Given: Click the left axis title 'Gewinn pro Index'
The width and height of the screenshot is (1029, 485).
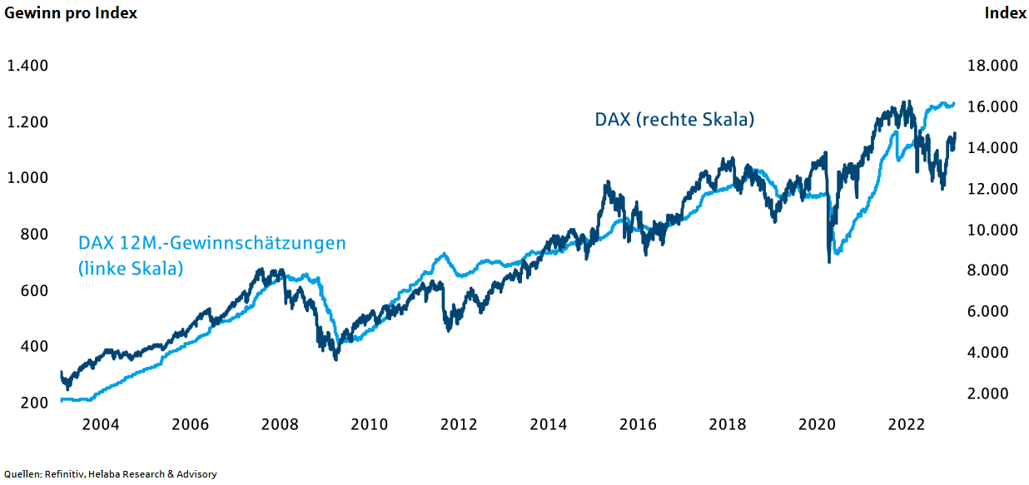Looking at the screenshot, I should point(72,13).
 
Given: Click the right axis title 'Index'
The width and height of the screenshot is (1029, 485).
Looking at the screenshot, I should point(1005,13).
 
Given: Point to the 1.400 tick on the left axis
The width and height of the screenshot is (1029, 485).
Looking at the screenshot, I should point(28,66).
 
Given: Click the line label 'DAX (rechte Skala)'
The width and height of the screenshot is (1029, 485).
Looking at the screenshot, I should point(674,120).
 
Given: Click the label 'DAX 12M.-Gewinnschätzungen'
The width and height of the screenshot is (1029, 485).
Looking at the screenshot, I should point(211,244).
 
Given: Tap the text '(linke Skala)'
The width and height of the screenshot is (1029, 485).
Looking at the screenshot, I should point(131,270).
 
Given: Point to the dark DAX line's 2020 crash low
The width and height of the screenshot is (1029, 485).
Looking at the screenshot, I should point(828,262).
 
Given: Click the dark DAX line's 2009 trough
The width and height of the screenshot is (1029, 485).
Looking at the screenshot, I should point(336,359).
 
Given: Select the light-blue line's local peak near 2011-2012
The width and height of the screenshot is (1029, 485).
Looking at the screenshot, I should point(444,255).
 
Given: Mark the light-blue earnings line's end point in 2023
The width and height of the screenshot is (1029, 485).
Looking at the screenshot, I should point(954,104).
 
